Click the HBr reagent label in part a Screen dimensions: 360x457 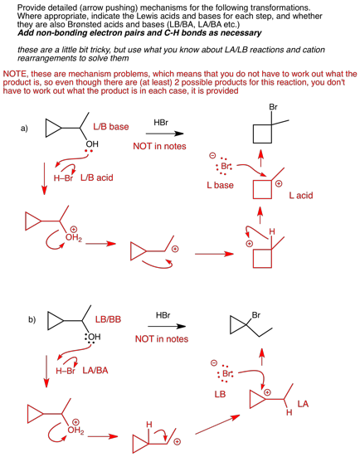click(x=161, y=123)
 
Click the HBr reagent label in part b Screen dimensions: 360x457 click(x=163, y=315)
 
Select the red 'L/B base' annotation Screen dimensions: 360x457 click(x=111, y=127)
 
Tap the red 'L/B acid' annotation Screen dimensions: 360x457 click(x=97, y=177)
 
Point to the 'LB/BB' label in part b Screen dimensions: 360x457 click(x=108, y=319)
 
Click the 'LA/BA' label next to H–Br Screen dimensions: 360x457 click(x=95, y=371)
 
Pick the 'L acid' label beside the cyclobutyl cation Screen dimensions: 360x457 click(x=301, y=195)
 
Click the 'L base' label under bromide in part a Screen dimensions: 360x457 click(x=221, y=185)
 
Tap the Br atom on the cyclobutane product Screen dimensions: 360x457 click(x=273, y=107)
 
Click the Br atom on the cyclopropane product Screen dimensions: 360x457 click(x=256, y=315)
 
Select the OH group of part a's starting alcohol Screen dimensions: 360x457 click(x=92, y=144)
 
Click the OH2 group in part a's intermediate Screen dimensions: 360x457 click(x=74, y=238)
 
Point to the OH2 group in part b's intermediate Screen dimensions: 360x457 click(x=75, y=430)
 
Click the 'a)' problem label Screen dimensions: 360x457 click(x=24, y=129)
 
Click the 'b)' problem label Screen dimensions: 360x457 click(x=32, y=319)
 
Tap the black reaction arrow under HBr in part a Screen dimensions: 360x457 click(x=165, y=134)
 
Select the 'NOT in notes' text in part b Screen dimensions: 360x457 click(x=162, y=339)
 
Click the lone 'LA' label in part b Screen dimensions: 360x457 click(x=303, y=404)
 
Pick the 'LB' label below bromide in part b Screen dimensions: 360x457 click(x=220, y=394)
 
